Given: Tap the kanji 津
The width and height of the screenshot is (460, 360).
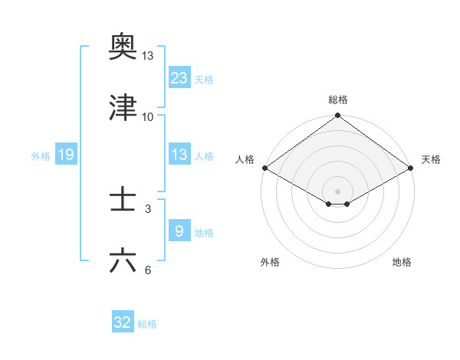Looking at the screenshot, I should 123,108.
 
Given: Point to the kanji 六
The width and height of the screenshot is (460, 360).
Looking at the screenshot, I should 123,261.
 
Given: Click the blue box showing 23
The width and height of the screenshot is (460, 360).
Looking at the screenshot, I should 179,77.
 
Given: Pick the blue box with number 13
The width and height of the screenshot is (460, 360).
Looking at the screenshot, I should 179,155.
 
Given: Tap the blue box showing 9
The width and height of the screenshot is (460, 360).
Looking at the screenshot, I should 179,231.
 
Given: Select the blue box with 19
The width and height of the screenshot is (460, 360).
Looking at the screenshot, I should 65,155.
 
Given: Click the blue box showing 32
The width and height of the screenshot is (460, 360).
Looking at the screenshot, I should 123,322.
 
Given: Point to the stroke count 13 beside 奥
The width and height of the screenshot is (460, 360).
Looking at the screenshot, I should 148,56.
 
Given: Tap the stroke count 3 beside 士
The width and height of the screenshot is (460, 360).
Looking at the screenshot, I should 148,208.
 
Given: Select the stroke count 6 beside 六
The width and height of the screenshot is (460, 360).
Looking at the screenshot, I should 148,270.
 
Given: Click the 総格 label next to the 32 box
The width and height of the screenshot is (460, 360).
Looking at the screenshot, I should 147,324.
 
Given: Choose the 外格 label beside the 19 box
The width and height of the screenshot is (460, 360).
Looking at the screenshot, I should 41,156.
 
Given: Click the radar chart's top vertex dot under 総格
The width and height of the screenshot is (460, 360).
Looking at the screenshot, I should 337,116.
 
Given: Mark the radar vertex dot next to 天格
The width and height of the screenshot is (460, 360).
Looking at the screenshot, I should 412,167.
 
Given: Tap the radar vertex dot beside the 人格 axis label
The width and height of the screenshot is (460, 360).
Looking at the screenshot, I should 264,167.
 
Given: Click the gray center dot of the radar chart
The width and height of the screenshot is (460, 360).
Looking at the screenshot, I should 337,191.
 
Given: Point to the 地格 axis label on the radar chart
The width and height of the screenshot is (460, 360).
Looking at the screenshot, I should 402,262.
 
